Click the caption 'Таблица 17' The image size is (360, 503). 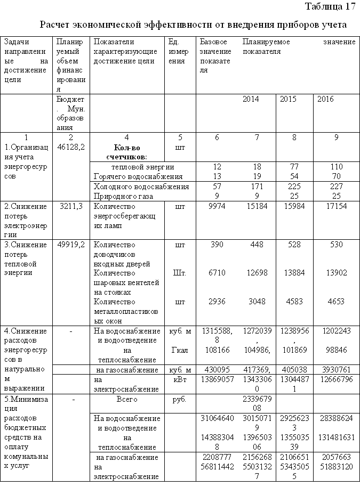[330, 7]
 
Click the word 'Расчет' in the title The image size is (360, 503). [56, 25]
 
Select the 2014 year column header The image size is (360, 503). [251, 99]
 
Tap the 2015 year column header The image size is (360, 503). [289, 99]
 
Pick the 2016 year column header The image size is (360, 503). [325, 99]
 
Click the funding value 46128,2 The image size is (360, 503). [71, 147]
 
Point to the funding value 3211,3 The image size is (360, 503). [71, 206]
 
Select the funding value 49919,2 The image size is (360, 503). [71, 245]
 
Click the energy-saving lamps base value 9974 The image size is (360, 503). [215, 206]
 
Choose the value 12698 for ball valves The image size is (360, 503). [257, 273]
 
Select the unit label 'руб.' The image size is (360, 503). [179, 399]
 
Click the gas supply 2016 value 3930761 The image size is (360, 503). [336, 369]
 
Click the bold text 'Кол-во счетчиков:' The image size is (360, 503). [126, 152]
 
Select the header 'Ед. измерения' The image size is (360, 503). [177, 51]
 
